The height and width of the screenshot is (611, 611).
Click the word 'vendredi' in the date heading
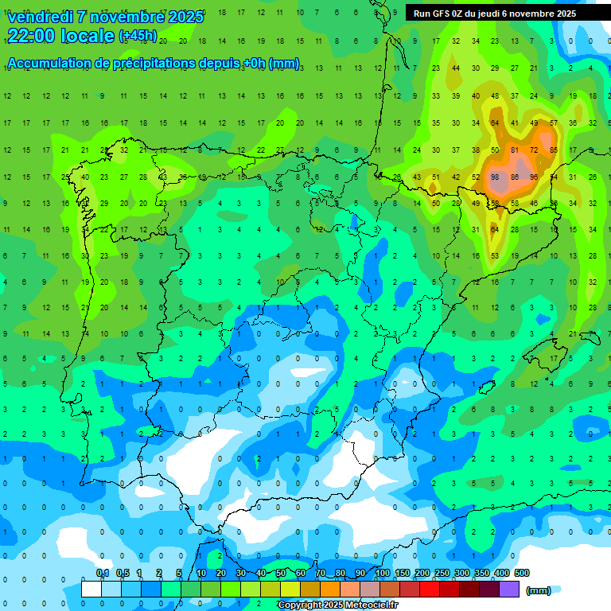pos(41,17)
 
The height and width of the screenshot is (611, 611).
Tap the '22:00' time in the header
pos(31,36)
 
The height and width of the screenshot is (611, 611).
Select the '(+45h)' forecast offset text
pos(138,36)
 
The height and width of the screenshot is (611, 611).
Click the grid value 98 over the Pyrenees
pos(495,177)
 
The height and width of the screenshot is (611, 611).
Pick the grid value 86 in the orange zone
pos(515,177)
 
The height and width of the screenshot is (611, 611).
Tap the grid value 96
pos(534,177)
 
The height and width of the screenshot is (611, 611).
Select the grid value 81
pos(515,150)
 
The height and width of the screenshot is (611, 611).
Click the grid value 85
pos(554,150)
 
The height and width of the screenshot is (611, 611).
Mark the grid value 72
pos(534,150)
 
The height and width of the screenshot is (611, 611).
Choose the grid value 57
pos(554,123)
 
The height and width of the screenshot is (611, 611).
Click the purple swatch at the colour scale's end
pos(509,590)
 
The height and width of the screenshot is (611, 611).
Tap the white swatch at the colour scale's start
pos(91,590)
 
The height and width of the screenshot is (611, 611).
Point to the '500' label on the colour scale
pos(522,574)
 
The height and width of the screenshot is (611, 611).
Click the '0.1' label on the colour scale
pos(102,574)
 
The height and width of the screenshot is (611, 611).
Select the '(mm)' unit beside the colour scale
pos(539,590)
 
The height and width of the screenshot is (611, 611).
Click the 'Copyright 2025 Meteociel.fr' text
pos(337,605)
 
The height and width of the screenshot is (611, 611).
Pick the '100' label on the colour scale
pos(383,574)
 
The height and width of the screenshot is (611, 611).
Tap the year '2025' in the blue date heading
pos(184,17)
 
